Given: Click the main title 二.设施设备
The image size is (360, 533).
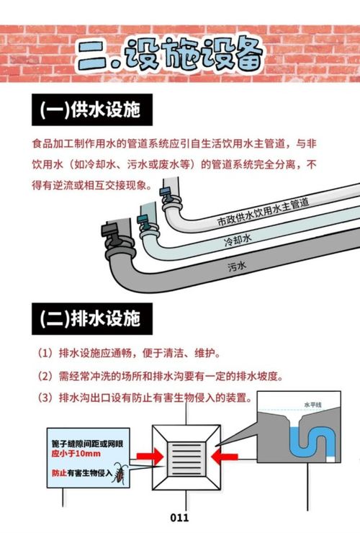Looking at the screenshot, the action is point(171,54).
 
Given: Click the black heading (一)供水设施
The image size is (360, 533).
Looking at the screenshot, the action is point(92,109).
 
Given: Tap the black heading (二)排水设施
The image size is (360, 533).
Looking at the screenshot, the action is point(92,319).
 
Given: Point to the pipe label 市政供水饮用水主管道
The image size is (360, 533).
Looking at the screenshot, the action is point(263,212).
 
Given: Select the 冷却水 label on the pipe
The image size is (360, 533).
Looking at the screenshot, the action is point(238,240).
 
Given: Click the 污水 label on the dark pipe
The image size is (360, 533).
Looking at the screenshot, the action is point(237,266).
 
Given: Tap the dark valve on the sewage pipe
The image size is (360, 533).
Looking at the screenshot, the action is point(112,232).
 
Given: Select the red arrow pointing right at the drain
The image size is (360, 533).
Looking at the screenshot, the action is point(150,456).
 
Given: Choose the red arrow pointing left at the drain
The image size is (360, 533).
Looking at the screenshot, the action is point(225,456).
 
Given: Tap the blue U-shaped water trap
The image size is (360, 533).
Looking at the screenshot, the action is point(311,442).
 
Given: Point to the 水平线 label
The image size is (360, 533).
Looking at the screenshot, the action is point(312,405).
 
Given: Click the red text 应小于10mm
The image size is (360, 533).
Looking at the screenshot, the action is point(76,454).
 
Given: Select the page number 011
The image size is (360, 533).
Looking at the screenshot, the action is point(179,518).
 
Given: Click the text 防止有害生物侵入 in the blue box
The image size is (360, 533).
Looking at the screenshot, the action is point(82,472).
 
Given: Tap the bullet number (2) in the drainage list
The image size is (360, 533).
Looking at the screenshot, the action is point(45,376).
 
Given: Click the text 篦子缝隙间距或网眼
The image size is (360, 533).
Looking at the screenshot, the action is point(87,444).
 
